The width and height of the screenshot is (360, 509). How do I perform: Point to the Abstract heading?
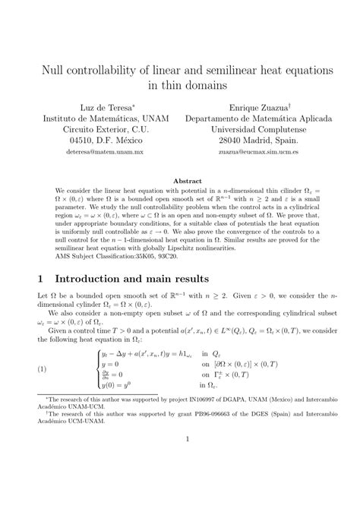180,181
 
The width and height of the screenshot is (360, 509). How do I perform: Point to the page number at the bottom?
180,481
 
